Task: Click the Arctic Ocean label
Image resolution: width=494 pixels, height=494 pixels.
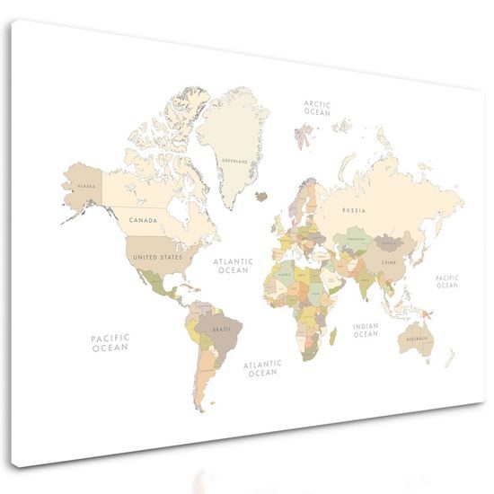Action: point(317,109)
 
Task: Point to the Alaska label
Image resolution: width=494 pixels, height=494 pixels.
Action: point(87,186)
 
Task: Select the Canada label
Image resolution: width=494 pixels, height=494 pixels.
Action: point(143,219)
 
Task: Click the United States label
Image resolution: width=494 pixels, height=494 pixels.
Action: point(158,256)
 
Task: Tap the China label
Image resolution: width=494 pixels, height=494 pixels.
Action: point(388,262)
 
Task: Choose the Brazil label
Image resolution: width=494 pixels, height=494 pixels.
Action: point(222,330)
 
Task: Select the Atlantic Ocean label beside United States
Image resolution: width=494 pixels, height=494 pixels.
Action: point(234,265)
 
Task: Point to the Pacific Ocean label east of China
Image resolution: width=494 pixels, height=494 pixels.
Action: point(446,282)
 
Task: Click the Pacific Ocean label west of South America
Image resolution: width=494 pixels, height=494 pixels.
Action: point(110,342)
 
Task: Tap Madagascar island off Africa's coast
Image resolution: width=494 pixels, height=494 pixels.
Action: point(333,337)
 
